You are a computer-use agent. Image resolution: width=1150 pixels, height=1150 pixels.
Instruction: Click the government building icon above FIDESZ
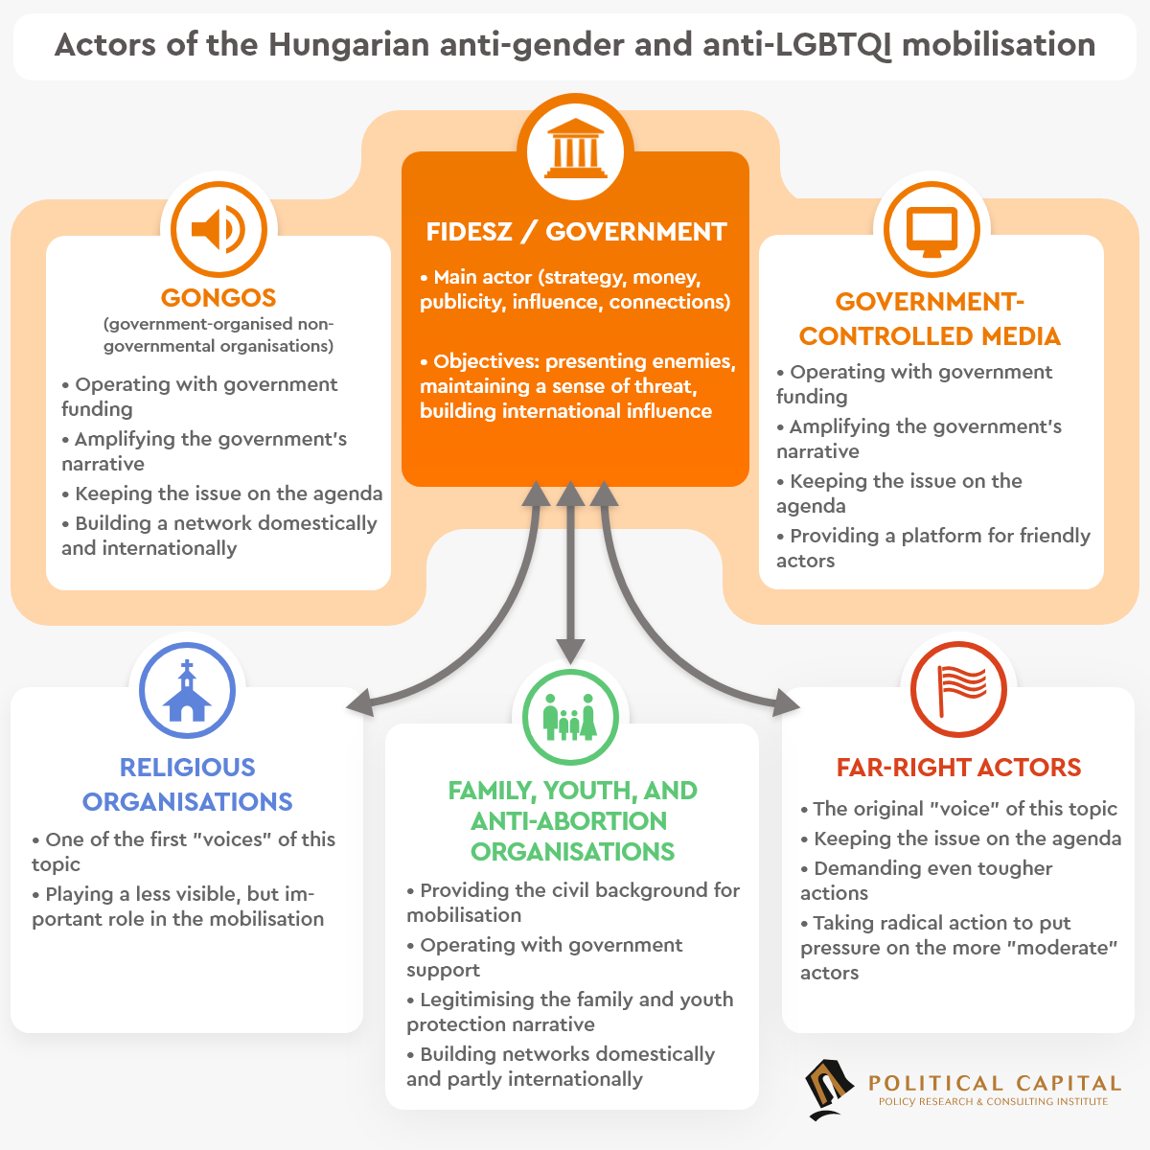pos(575,150)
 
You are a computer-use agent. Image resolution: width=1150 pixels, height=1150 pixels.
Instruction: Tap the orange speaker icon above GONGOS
pos(218,230)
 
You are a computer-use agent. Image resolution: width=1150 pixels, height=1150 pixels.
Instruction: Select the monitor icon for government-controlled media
pos(931,230)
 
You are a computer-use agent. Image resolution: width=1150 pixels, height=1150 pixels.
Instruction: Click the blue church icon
pos(187,691)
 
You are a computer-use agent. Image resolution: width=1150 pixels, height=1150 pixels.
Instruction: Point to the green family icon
pos(570,717)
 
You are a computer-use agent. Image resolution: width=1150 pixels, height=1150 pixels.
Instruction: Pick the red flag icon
pos(958,690)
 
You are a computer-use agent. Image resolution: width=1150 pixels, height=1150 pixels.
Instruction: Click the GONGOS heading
pos(218,298)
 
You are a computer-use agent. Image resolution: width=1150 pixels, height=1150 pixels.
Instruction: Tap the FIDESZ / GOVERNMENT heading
pos(576,232)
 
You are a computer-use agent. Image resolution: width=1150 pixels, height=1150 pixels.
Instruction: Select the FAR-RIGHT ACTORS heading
pos(958,768)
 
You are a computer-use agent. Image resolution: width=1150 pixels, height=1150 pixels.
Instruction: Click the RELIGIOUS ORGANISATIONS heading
pos(187,784)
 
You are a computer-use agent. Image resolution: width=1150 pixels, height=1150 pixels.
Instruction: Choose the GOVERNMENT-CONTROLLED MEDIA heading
pos(930,319)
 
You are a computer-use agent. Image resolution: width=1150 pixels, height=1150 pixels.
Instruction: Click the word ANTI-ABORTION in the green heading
pos(568,821)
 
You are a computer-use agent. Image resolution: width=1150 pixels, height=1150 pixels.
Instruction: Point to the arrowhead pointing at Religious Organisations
pos(357,703)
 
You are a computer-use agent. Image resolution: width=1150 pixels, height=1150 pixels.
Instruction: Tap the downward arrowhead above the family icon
pos(570,651)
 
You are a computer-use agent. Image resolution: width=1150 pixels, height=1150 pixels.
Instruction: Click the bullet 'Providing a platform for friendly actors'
pos(933,548)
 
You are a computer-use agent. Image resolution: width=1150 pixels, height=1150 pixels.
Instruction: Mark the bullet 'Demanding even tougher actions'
pos(926,881)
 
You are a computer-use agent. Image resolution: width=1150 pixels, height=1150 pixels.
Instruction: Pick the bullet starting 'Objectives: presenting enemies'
pos(577,386)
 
